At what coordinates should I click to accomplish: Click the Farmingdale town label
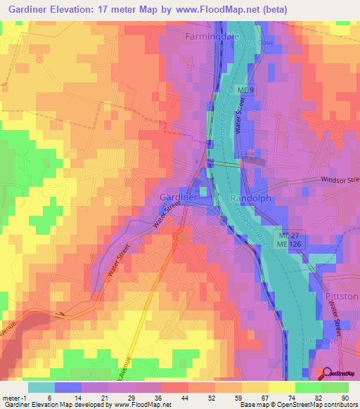(212, 34)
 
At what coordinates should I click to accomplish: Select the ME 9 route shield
(244, 91)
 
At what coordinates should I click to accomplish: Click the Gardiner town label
(179, 197)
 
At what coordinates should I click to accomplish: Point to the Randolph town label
(251, 199)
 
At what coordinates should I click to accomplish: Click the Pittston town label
(342, 297)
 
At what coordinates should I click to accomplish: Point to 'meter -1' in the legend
(15, 398)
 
